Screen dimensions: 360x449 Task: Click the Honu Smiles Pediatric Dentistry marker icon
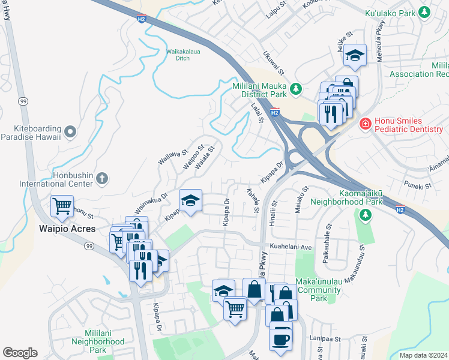(x=364, y=124)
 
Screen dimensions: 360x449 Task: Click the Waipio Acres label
(x=64, y=229)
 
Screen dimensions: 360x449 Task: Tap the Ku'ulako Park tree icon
(x=424, y=11)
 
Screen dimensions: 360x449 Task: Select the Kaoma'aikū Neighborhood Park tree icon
(x=364, y=215)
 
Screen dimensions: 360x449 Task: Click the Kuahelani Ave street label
(x=291, y=247)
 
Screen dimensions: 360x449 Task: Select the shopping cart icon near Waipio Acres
(x=62, y=207)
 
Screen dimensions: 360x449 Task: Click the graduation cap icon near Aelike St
(x=355, y=55)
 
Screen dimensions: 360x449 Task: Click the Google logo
(x=20, y=353)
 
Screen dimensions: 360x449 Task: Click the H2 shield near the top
(x=141, y=19)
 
